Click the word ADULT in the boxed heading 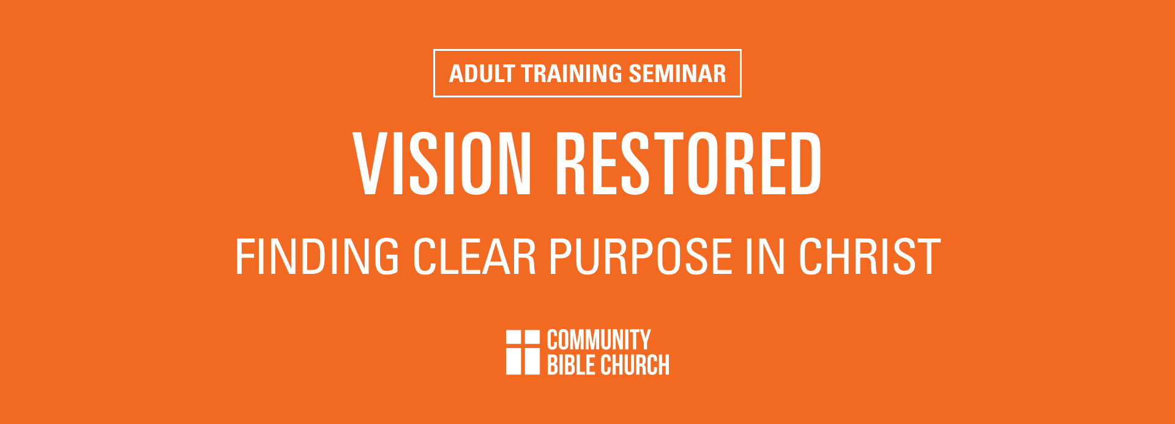482,74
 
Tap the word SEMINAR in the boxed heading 677,74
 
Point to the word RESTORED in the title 688,164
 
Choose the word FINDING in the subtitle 317,257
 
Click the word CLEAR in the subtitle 474,257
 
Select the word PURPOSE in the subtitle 640,257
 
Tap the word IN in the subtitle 765,257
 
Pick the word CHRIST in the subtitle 870,257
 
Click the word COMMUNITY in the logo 599,340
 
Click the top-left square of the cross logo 513,338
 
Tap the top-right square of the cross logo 532,338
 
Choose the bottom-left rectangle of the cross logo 513,362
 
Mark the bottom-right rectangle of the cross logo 532,362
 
